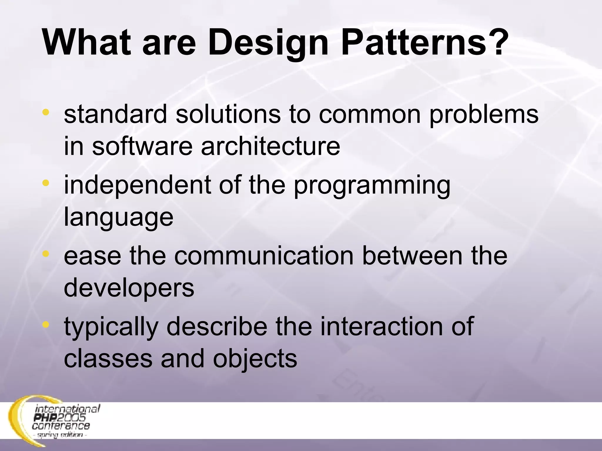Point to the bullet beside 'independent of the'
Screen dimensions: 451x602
click(x=46, y=183)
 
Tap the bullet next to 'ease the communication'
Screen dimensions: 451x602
click(x=46, y=254)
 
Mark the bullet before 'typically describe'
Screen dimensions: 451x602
click(x=46, y=324)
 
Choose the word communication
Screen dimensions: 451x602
click(x=264, y=255)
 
